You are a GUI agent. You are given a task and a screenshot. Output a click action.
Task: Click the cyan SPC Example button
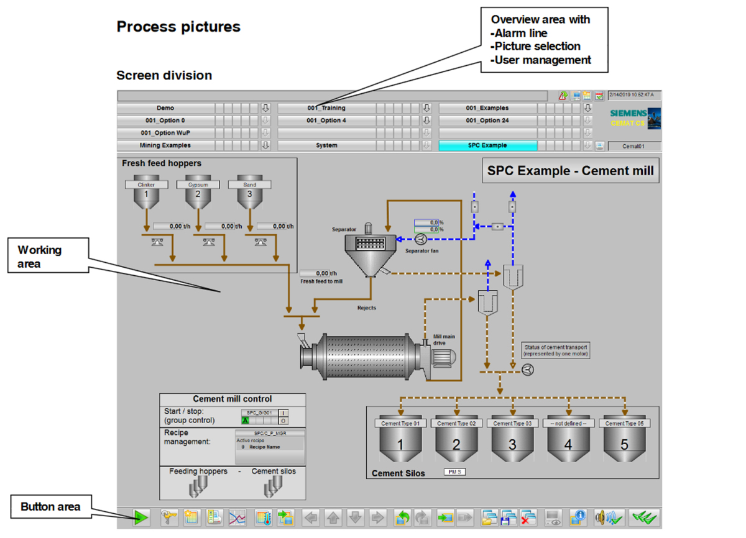[x=487, y=145]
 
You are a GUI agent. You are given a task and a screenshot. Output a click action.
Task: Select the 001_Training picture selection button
[x=326, y=108]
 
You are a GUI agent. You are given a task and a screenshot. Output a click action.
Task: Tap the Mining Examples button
[x=165, y=145]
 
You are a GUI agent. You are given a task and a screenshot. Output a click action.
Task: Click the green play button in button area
[x=141, y=517]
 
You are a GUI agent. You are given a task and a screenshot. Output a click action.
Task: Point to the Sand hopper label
[x=249, y=185]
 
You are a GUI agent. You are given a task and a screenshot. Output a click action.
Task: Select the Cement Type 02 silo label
[x=456, y=423]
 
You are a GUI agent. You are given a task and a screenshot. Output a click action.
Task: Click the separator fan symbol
[x=420, y=239]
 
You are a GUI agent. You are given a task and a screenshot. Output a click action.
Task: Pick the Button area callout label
[x=50, y=507]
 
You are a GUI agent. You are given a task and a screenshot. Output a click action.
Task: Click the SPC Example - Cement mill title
[x=570, y=171]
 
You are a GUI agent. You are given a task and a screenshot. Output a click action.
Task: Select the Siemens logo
[x=628, y=114]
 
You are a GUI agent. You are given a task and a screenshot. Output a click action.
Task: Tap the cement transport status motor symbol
[x=528, y=370]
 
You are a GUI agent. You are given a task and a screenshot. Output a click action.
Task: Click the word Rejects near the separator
[x=366, y=308]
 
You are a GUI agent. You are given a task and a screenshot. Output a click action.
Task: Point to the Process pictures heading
[x=178, y=27]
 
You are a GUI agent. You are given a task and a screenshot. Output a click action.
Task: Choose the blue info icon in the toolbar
[x=578, y=517]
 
